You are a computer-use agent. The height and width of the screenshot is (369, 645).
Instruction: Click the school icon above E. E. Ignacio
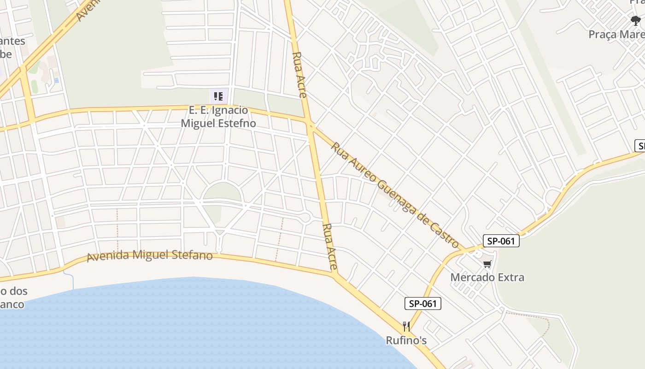pyautogui.click(x=218, y=96)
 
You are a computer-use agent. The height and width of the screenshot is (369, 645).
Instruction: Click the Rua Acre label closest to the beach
pyautogui.click(x=330, y=247)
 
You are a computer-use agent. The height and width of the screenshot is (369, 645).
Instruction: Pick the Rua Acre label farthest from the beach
pyautogui.click(x=299, y=74)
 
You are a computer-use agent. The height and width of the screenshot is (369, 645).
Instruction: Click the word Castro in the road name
pyautogui.click(x=445, y=234)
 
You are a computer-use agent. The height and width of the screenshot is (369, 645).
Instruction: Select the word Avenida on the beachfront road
pyautogui.click(x=109, y=256)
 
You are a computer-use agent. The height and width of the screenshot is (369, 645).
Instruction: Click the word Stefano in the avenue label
pyautogui.click(x=191, y=255)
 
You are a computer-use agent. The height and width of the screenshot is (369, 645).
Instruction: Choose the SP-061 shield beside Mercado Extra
pyautogui.click(x=501, y=241)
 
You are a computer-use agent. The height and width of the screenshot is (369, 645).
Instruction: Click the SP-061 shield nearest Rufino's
pyautogui.click(x=423, y=304)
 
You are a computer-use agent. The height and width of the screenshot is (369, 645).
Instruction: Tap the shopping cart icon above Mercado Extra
pyautogui.click(x=487, y=264)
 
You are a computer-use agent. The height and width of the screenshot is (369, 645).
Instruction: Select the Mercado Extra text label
pyautogui.click(x=487, y=277)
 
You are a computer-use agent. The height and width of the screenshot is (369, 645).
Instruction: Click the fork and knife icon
pyautogui.click(x=406, y=327)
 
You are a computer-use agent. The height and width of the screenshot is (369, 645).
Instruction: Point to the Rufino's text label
pyautogui.click(x=406, y=340)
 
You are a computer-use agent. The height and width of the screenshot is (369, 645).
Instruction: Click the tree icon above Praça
pyautogui.click(x=636, y=21)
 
